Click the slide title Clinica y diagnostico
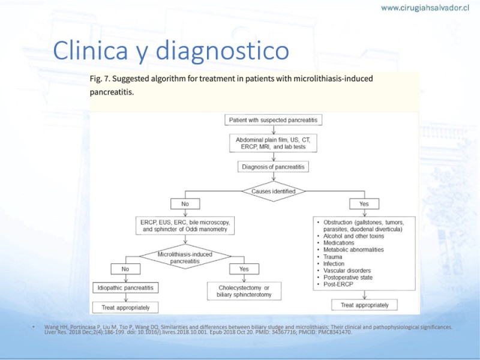[171, 51]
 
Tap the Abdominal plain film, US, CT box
[273, 143]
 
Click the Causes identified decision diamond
[273, 191]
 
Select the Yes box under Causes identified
[364, 203]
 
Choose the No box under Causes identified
[185, 203]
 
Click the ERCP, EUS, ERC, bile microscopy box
[185, 226]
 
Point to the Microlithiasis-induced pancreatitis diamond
[185, 258]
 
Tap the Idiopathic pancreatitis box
[125, 288]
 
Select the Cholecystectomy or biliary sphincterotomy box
[245, 292]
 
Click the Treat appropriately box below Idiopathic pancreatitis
[125, 307]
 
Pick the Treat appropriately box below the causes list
[364, 305]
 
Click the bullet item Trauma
[334, 257]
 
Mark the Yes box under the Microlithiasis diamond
[244, 269]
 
